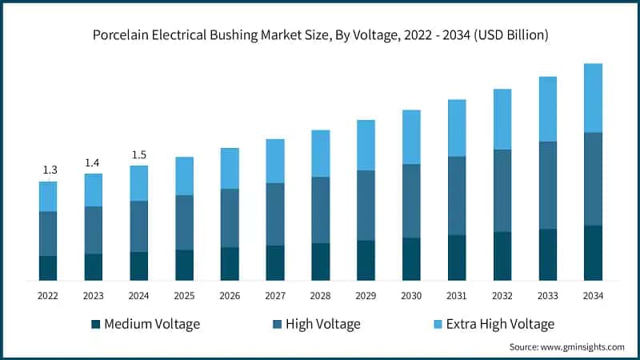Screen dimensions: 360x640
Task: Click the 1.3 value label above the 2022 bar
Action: (x=49, y=170)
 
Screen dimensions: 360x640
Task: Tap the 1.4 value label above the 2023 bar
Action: (x=94, y=163)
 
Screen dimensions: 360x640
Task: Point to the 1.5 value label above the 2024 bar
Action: (x=139, y=155)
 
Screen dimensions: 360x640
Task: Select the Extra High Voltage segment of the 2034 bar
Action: (x=593, y=98)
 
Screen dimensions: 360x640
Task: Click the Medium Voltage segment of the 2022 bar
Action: (x=48, y=268)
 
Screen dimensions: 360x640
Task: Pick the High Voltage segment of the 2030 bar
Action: (x=411, y=201)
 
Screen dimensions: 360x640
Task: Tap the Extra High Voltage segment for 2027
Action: (x=275, y=161)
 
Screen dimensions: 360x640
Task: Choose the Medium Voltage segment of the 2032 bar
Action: (x=502, y=256)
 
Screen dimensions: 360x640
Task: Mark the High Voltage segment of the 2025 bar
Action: (x=185, y=222)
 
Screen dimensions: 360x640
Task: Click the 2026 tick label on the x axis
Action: (x=230, y=296)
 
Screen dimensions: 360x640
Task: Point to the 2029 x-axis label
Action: (x=366, y=296)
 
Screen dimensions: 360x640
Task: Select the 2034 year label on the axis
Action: (x=593, y=296)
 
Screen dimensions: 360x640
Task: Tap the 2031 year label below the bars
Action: (x=457, y=296)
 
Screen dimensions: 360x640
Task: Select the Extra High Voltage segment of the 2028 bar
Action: (x=321, y=153)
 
